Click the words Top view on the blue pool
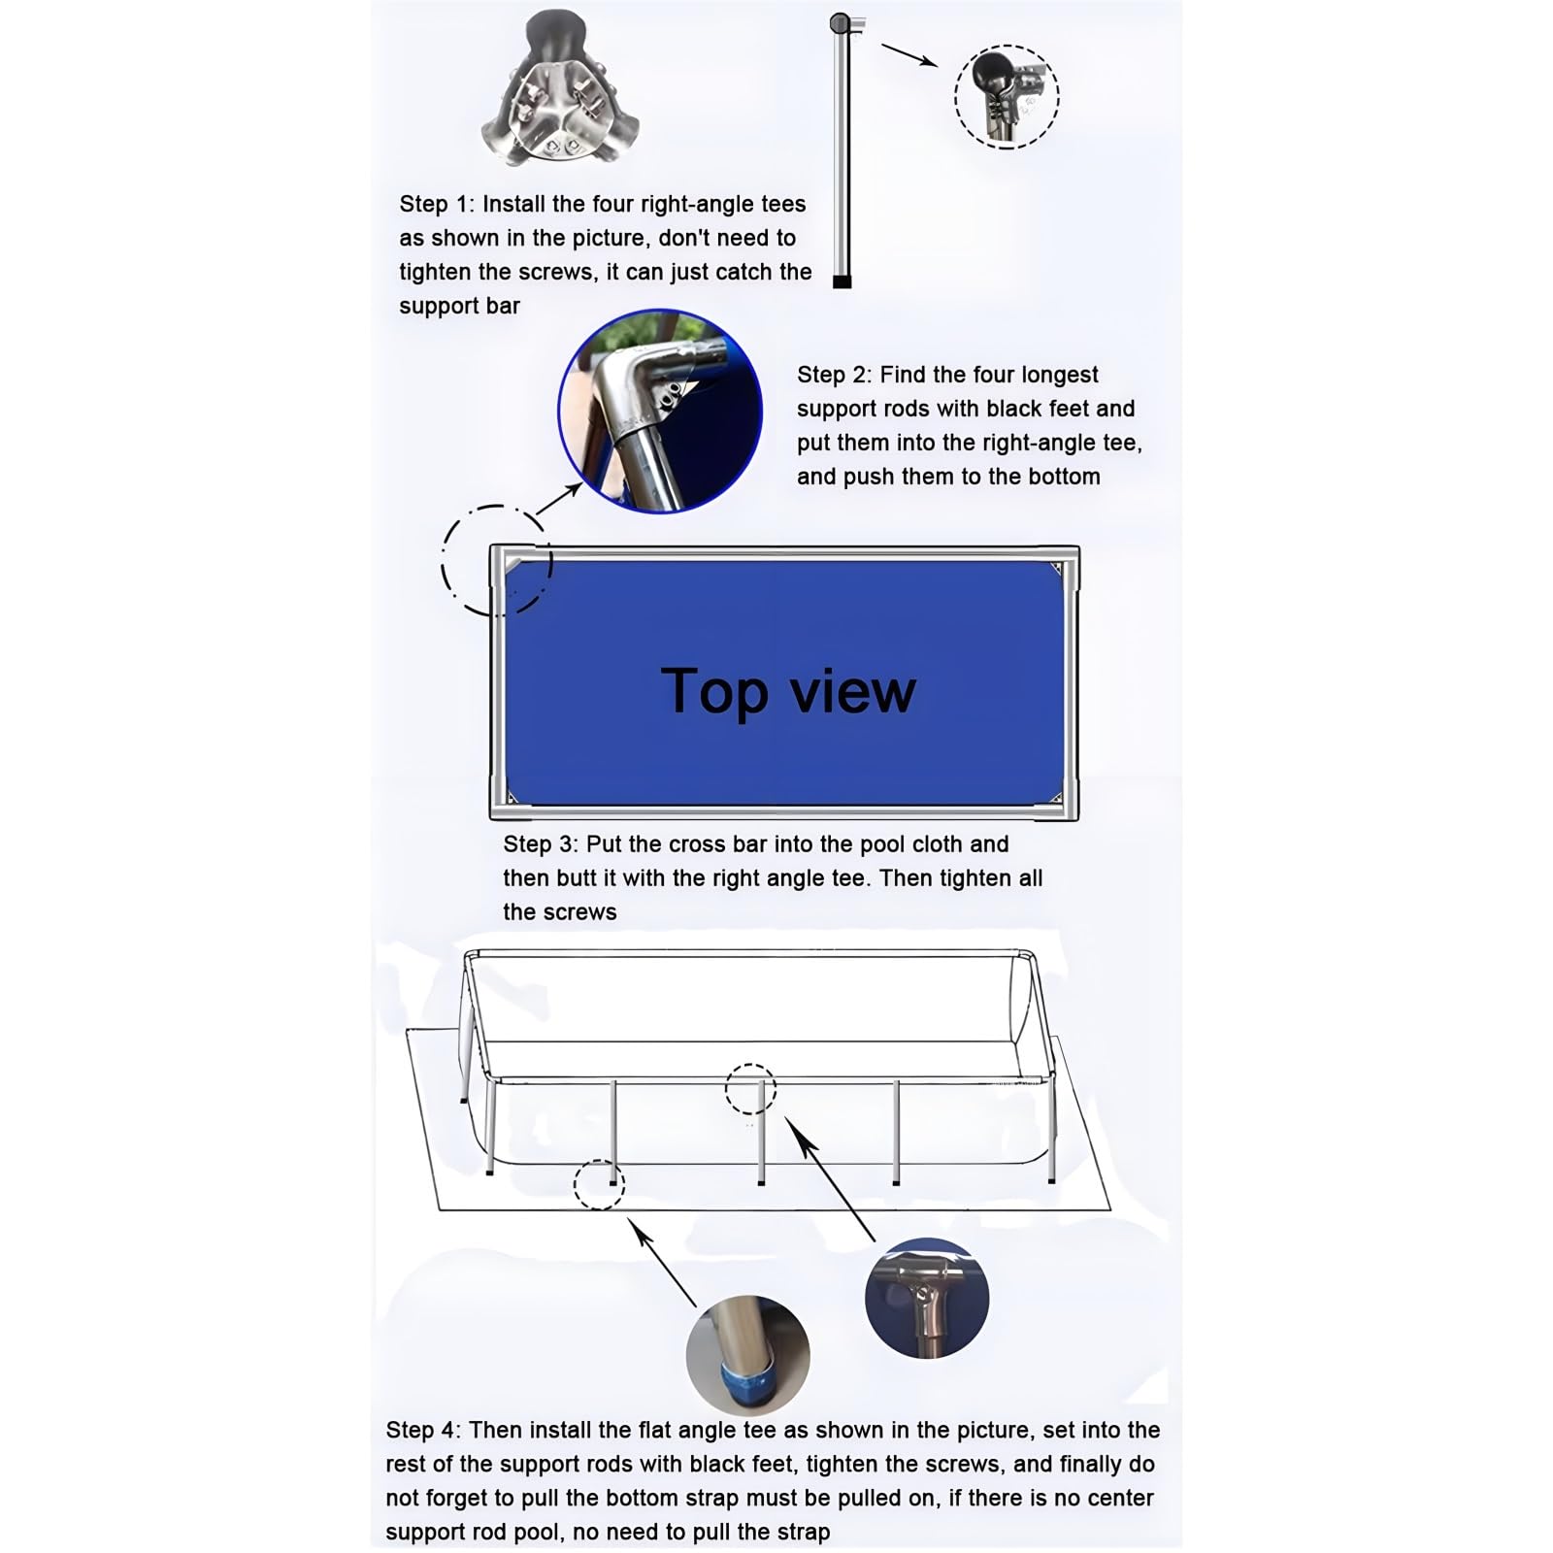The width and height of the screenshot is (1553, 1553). (x=788, y=691)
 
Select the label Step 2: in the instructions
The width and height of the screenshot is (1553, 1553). (x=835, y=375)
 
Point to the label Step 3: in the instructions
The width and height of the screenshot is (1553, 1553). (x=541, y=844)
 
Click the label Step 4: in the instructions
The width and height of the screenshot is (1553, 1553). (x=423, y=1430)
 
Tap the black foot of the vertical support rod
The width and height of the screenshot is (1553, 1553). (x=842, y=281)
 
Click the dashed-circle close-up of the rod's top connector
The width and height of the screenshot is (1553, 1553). (x=1007, y=97)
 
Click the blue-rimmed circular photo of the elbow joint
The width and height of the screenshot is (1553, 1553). (x=660, y=412)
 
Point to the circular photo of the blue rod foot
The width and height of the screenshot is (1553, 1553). (x=747, y=1355)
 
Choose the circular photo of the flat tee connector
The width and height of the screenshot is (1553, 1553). (x=927, y=1298)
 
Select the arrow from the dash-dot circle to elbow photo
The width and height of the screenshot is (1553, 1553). (x=558, y=498)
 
